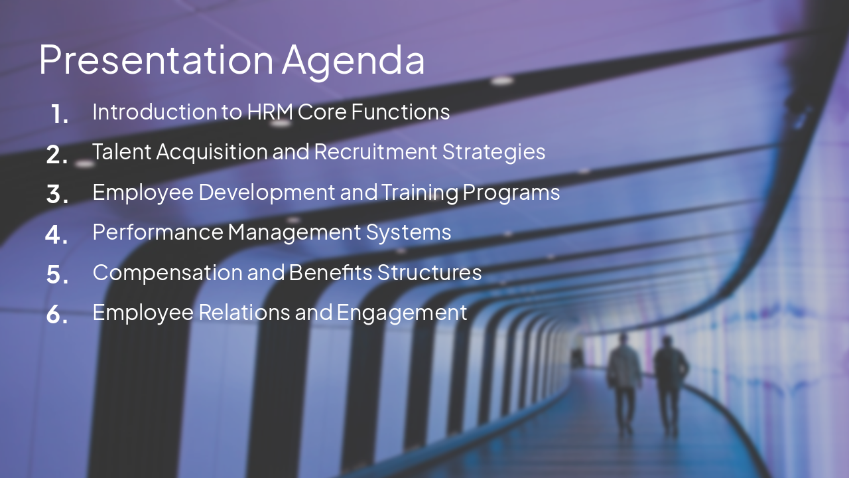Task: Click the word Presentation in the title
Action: coord(156,60)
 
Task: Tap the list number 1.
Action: coord(59,114)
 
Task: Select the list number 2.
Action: coord(58,155)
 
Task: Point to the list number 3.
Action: coord(58,195)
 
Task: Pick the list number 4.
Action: coord(57,234)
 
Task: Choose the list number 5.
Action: coord(58,275)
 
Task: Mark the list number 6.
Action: coord(58,315)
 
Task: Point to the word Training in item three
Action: coord(420,193)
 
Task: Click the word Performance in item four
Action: coord(158,232)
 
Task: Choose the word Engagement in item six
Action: coord(402,313)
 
